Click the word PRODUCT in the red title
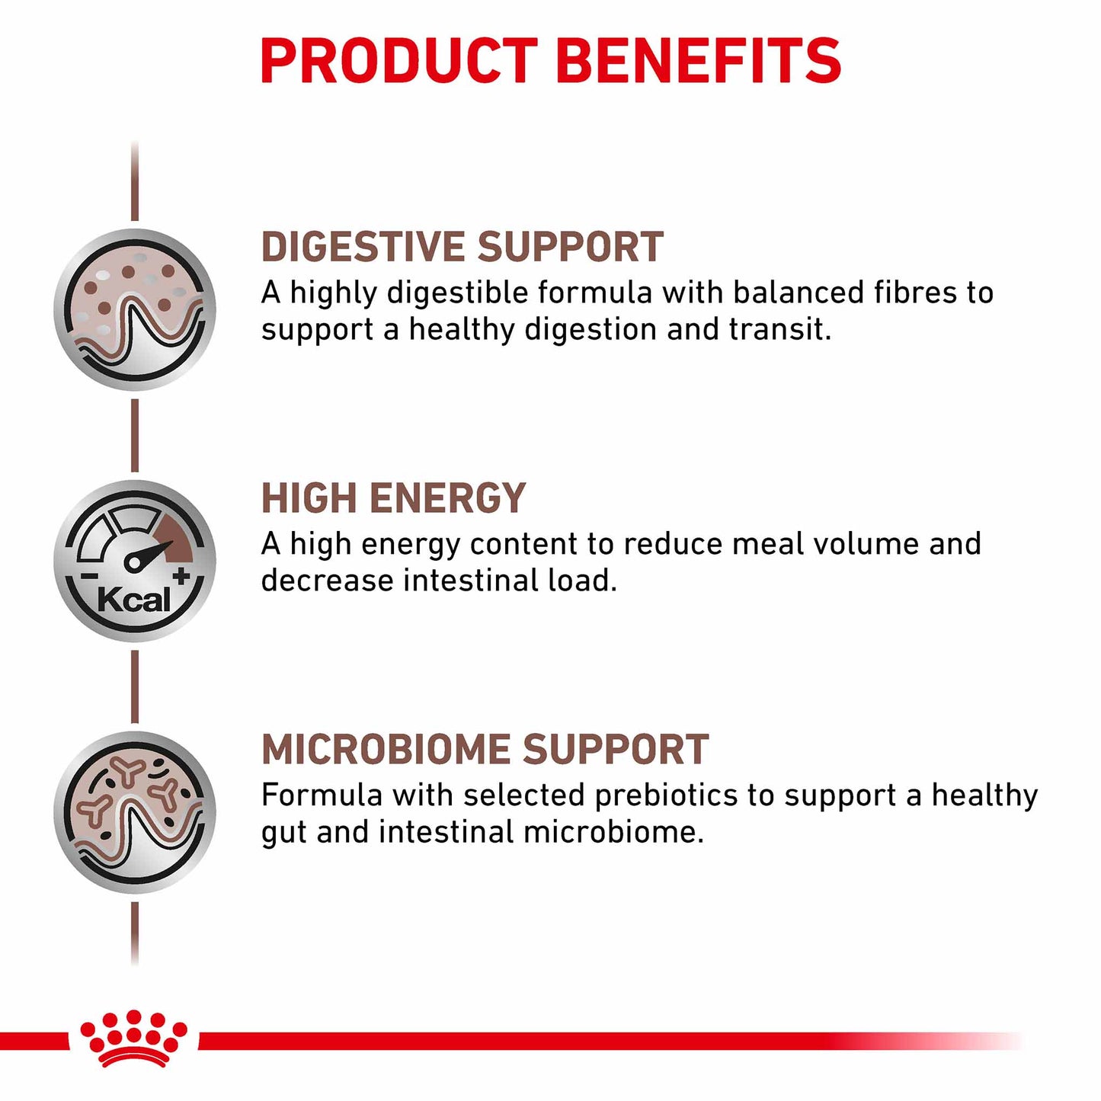[x=399, y=61]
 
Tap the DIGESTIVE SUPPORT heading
[x=462, y=248]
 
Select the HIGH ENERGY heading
[x=393, y=499]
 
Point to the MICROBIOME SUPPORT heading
[x=485, y=750]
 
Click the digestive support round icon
[x=135, y=310]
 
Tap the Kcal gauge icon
[x=135, y=562]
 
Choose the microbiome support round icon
[x=135, y=812]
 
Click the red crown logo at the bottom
[x=134, y=1039]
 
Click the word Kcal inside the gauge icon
[x=134, y=600]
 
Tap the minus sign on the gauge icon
[x=89, y=578]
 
